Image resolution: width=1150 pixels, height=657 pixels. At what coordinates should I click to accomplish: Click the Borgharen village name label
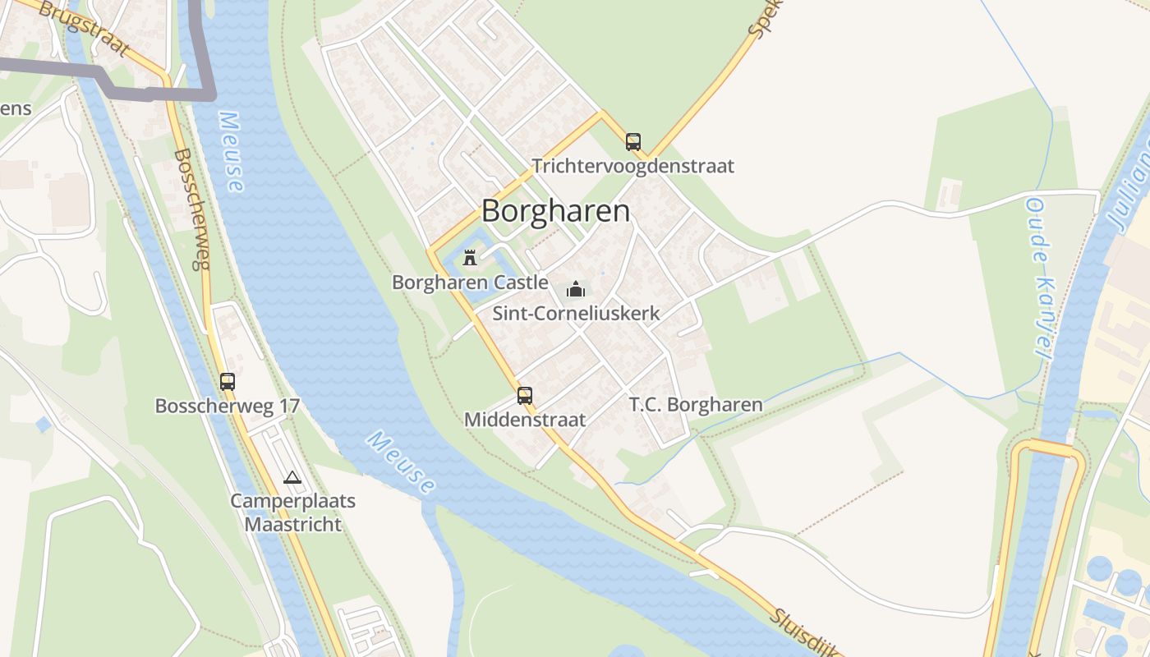coord(555,211)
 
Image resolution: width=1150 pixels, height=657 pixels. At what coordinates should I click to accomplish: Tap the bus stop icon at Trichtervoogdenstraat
coord(632,141)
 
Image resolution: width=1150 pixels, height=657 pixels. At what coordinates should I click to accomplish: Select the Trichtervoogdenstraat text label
coord(632,166)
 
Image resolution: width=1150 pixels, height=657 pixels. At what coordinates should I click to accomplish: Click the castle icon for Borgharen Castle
coord(470,258)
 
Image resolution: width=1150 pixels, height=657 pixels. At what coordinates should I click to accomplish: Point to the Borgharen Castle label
coord(470,283)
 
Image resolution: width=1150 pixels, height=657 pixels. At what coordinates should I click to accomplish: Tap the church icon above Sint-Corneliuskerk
coord(576,289)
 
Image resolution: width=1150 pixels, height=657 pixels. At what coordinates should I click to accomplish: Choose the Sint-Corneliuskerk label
coord(576,313)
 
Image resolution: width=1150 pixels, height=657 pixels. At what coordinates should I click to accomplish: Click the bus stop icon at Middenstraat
coord(525,396)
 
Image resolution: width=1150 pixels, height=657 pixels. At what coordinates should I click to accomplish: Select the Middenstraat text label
coord(525,420)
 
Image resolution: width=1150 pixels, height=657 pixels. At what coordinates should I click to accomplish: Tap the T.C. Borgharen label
coord(696,404)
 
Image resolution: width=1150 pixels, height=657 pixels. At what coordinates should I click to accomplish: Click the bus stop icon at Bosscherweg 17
coord(228,382)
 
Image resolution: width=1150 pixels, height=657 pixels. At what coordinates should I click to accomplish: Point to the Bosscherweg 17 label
coord(228,406)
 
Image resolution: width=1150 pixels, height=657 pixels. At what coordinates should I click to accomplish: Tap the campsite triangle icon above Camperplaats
coord(292,477)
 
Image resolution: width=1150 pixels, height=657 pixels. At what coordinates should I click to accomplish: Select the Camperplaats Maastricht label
coord(292,512)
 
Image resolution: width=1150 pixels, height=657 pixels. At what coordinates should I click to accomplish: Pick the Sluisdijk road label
coord(805,633)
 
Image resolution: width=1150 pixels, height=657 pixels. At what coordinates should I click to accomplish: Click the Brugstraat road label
coord(83,28)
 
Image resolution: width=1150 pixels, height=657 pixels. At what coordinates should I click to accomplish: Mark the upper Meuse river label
coord(231,152)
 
